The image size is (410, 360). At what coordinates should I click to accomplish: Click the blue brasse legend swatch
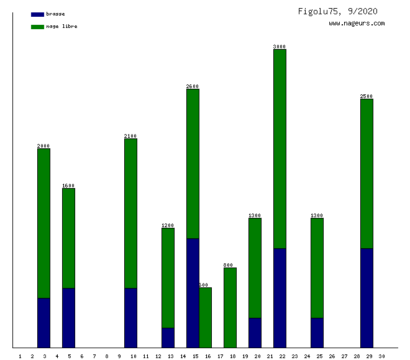(x=37, y=14)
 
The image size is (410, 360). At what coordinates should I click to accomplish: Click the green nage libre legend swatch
(x=37, y=27)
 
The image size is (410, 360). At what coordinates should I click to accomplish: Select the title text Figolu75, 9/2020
(x=337, y=11)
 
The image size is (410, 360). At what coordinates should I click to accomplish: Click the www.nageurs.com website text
(x=357, y=24)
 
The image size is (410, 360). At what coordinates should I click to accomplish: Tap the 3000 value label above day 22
(x=280, y=47)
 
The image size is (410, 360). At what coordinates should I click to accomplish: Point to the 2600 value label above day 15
(x=193, y=86)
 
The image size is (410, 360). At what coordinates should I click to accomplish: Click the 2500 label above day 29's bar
(x=367, y=96)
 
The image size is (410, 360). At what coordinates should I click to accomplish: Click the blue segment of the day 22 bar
(x=280, y=298)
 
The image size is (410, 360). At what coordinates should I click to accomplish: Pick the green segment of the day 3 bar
(x=43, y=223)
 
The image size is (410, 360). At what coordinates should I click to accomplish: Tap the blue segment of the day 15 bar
(x=193, y=293)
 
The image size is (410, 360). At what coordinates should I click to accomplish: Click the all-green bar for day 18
(x=230, y=307)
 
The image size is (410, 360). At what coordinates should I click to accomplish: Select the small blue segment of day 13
(x=168, y=338)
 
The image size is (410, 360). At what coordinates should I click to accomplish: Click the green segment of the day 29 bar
(x=367, y=174)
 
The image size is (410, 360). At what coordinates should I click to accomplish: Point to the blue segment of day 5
(x=68, y=318)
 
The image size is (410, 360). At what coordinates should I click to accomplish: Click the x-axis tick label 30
(x=381, y=356)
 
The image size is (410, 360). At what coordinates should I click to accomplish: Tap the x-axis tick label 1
(x=20, y=356)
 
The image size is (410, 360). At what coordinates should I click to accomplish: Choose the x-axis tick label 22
(x=282, y=356)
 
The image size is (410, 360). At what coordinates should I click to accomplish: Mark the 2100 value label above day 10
(x=130, y=136)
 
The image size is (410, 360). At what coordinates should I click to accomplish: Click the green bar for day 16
(x=206, y=317)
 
